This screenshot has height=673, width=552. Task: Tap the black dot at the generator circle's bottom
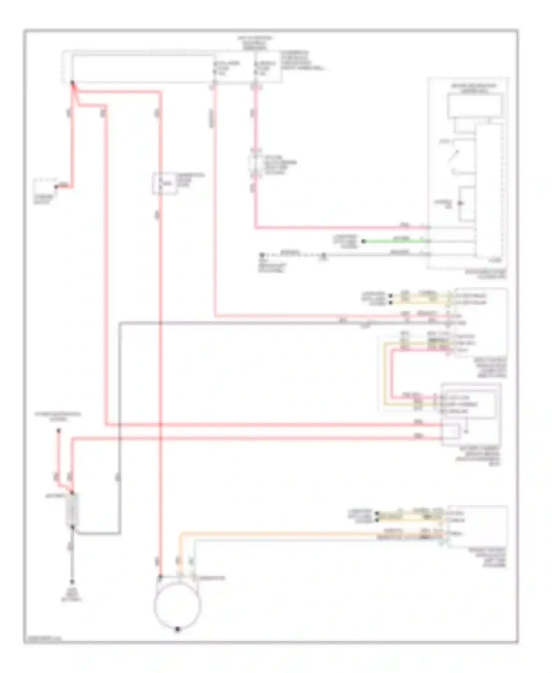177,629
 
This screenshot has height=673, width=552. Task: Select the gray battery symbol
72,510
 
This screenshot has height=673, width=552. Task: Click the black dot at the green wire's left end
364,242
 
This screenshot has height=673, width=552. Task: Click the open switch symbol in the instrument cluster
455,156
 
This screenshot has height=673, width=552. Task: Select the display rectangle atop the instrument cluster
474,106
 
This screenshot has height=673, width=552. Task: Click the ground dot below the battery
72,582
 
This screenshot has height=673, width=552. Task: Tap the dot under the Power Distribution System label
58,430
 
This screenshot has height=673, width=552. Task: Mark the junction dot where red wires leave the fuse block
72,83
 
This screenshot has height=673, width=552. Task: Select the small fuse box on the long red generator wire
164,183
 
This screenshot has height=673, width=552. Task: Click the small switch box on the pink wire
256,164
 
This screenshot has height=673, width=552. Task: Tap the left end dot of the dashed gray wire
262,255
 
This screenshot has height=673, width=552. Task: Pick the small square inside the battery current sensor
452,431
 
